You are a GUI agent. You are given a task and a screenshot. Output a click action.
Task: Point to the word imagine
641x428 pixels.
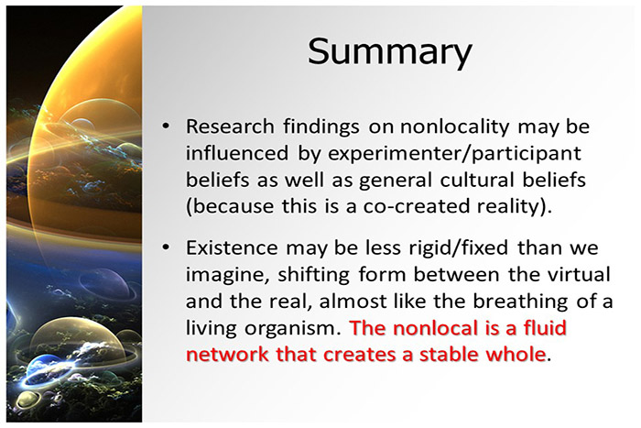point(223,276)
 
